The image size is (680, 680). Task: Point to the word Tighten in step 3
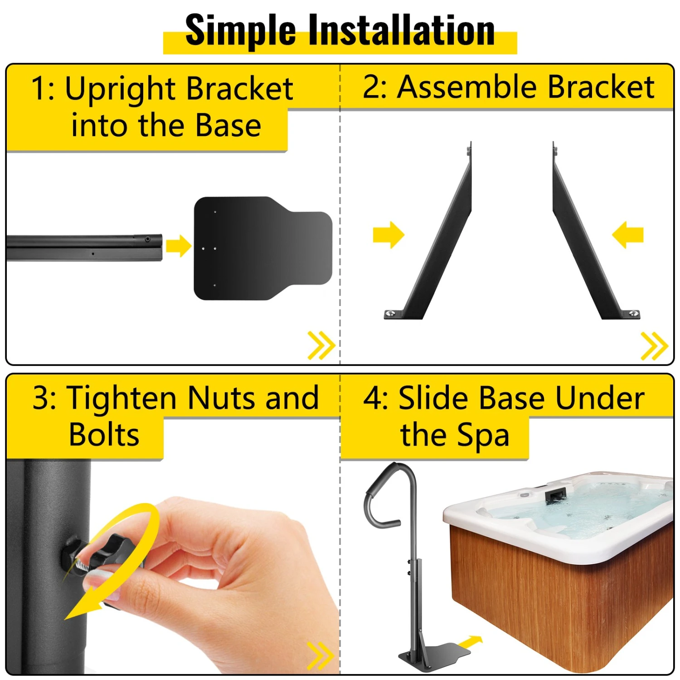click(123, 398)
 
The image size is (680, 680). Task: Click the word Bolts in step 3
click(104, 435)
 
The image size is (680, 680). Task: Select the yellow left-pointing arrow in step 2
click(628, 235)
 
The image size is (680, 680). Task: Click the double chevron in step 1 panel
click(321, 345)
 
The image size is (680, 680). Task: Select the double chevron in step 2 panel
click(655, 346)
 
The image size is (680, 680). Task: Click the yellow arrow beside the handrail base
click(470, 641)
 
